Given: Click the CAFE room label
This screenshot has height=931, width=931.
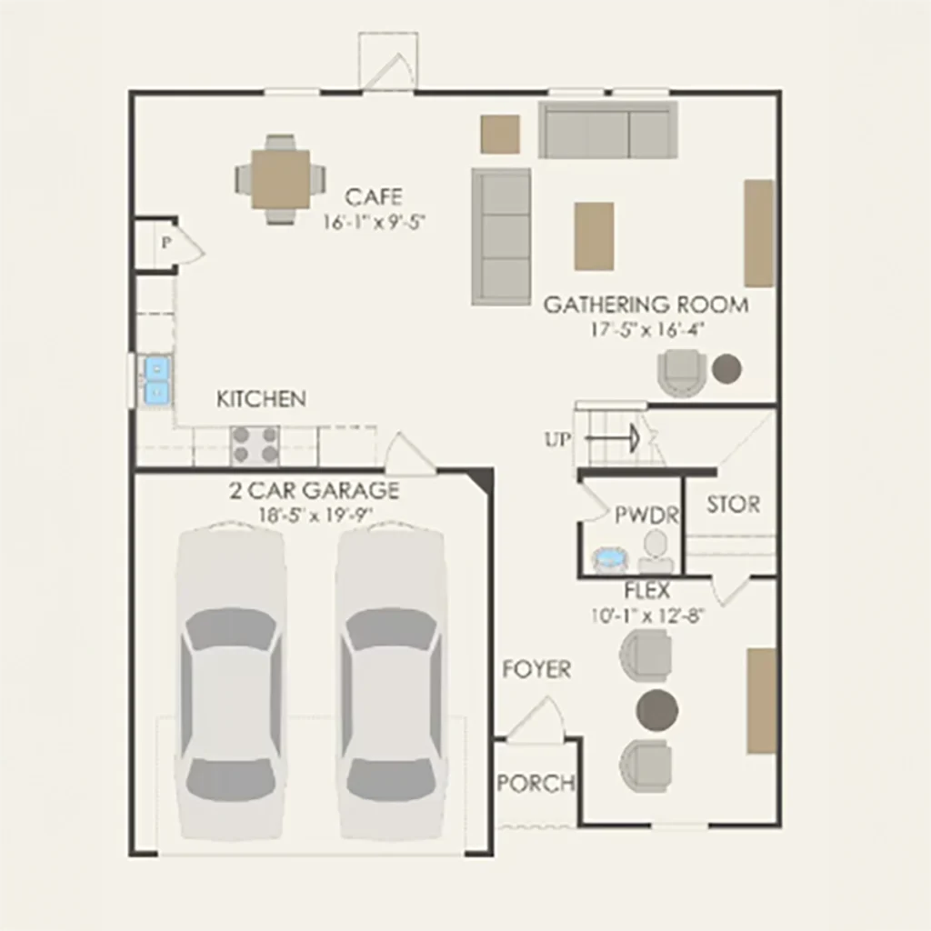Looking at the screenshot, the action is point(374,196).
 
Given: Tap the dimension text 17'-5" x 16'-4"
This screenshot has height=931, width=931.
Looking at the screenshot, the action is point(647,330).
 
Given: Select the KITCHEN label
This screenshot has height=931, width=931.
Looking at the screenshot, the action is point(261,399).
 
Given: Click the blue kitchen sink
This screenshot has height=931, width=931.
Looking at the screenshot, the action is point(156,380).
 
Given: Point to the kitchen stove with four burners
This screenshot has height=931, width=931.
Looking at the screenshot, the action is point(255,445).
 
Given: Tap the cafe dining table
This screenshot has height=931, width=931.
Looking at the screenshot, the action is point(280,179).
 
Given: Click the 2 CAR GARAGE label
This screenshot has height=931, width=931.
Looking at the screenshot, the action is point(314,491).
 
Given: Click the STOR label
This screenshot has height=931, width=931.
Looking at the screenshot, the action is point(734,505).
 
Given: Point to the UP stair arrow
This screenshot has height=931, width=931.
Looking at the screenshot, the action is point(612,439).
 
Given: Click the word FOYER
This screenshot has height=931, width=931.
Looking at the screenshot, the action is point(536,670).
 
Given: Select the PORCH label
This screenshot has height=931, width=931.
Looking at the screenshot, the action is point(536,784).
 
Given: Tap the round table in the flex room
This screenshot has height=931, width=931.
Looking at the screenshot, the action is point(657,709).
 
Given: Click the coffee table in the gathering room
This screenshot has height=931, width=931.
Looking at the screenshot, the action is point(594,236).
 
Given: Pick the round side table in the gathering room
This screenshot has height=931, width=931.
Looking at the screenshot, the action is point(726,369).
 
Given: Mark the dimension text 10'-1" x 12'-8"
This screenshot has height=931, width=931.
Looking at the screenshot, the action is point(647,616).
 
